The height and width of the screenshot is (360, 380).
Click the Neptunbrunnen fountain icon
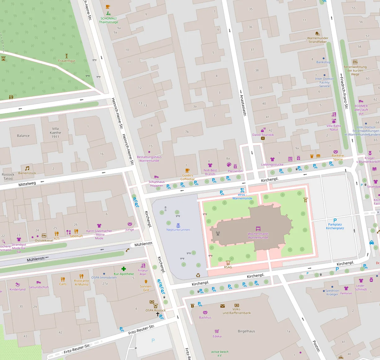coord(178,225)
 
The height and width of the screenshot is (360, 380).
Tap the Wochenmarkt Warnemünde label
coord(258,236)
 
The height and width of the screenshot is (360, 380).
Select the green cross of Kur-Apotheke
coord(124,269)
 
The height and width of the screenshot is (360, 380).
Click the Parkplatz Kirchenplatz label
coord(335,226)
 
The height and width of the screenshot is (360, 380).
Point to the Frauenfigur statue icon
coord(66,56)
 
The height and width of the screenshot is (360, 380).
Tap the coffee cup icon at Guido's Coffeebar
coord(187,171)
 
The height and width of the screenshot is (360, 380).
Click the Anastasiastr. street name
coord(243,105)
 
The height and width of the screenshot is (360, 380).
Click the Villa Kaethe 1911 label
coord(55,132)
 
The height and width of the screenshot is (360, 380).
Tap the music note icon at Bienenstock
coord(27,168)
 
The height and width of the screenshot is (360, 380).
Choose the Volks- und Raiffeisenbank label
coord(237,311)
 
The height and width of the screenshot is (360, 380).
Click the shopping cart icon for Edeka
coord(217,331)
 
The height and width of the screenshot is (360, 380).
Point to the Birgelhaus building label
coord(246,331)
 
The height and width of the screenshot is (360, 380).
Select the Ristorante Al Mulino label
coord(82,282)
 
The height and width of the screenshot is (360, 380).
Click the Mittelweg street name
coord(27,184)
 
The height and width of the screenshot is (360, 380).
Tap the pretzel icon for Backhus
coord(205,313)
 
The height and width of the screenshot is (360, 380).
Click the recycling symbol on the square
coord(198,275)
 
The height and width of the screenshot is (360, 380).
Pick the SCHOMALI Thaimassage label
coord(108,20)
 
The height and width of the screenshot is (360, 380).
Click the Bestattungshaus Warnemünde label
coord(149,159)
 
